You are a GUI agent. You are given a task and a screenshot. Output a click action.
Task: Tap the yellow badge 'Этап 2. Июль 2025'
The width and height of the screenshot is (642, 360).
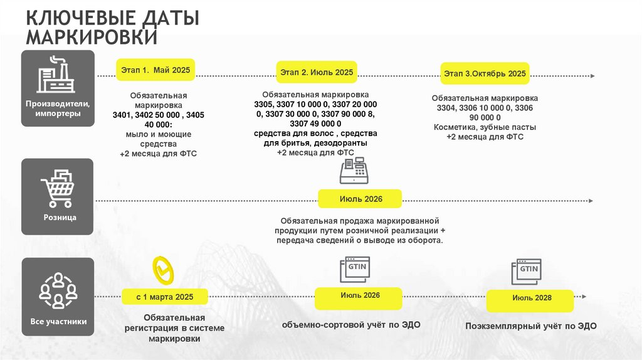(x=317, y=73)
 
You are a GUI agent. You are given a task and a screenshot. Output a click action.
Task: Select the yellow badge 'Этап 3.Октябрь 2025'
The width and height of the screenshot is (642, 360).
(x=485, y=73)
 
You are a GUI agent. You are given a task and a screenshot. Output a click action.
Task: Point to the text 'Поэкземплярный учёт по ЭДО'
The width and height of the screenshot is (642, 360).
(x=531, y=326)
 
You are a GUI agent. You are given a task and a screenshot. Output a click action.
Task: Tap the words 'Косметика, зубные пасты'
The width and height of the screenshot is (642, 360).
(x=485, y=127)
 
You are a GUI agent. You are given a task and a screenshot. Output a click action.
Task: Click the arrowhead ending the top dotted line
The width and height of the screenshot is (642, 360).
(x=592, y=76)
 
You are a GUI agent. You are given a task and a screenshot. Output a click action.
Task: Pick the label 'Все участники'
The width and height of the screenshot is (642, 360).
(x=58, y=322)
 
